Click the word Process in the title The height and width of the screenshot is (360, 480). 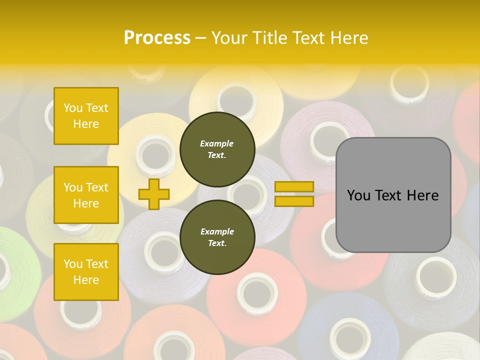click(157, 38)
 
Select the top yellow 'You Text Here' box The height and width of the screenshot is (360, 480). click(86, 116)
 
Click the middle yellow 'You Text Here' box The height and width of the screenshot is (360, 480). click(86, 195)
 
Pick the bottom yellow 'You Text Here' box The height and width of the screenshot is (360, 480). click(86, 271)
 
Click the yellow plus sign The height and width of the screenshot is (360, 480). click(153, 194)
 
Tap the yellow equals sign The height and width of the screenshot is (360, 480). click(294, 194)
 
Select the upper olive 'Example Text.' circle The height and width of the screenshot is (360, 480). click(217, 149)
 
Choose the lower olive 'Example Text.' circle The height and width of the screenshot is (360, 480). click(217, 237)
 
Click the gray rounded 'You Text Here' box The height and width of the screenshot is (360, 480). click(393, 195)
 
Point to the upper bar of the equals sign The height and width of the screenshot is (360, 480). click(294, 187)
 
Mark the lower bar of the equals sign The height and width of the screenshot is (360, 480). click(294, 201)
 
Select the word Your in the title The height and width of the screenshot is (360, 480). click(229, 38)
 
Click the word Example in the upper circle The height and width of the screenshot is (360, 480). click(217, 143)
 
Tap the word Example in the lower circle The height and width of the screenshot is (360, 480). click(217, 231)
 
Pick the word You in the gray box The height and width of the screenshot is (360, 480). click(358, 195)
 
